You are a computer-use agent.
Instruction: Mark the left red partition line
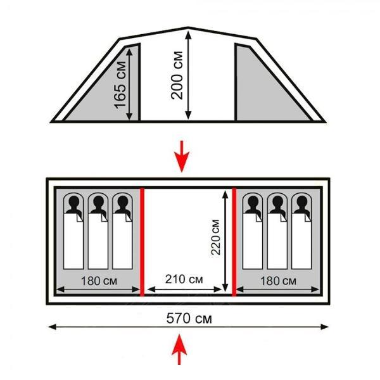tap(142, 241)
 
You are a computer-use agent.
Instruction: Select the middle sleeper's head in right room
tap(276, 204)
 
